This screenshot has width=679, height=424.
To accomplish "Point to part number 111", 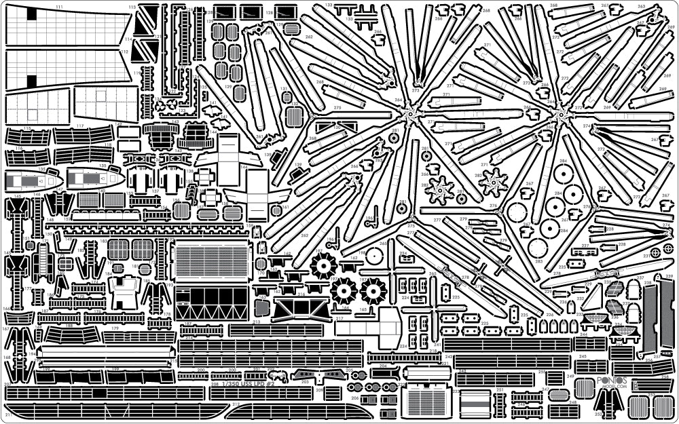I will tap(60, 6).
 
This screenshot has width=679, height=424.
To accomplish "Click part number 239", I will tap(669, 277).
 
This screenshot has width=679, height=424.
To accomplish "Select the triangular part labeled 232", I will tap(591, 296).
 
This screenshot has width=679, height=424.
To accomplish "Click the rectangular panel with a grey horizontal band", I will tap(475, 403).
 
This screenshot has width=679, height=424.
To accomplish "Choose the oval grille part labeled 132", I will tap(294, 115).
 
